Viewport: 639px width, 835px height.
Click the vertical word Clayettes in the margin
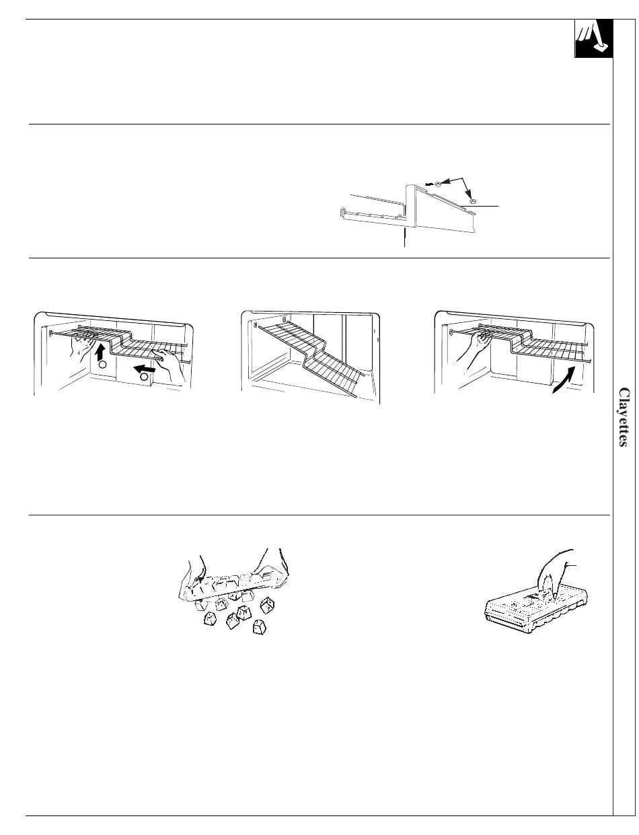coord(624,417)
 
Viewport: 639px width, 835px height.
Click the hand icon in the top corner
coord(593,38)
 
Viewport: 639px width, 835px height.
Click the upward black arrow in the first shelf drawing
coord(101,352)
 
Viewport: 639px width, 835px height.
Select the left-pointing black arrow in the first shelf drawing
coord(145,369)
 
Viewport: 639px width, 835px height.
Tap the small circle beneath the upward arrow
coord(102,365)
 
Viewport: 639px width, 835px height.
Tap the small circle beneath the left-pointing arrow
coord(144,377)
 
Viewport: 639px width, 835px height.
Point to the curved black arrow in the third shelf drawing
coord(564,379)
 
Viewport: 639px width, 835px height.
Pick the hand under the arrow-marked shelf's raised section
coord(83,344)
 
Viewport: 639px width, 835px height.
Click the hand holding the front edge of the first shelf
coord(170,363)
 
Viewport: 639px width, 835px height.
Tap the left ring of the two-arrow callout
coord(438,185)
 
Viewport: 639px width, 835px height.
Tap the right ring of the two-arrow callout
coord(473,201)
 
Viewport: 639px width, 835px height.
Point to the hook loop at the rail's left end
coord(342,213)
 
